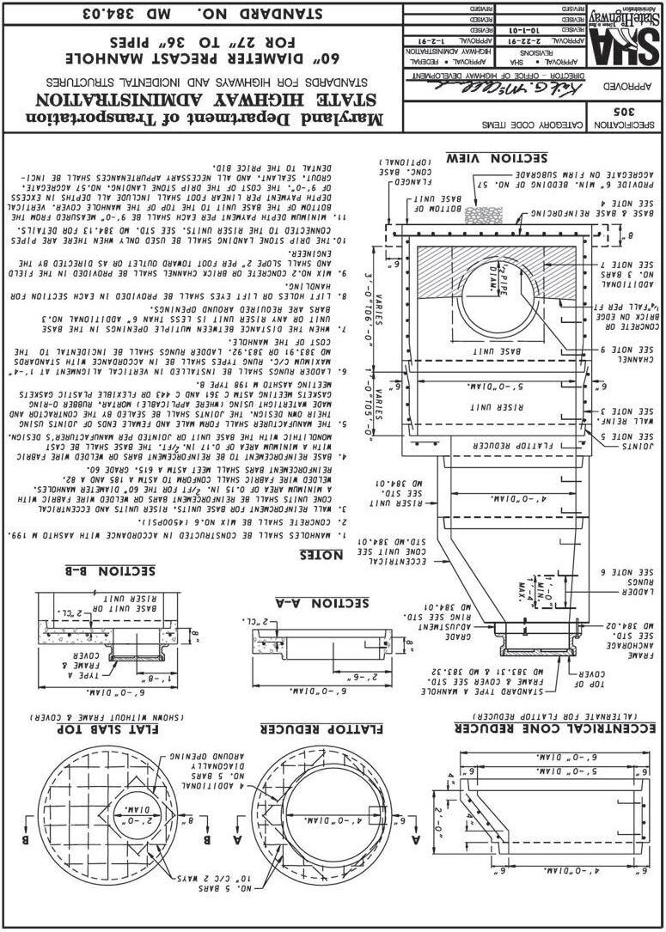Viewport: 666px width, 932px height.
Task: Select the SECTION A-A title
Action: pyautogui.click(x=321, y=603)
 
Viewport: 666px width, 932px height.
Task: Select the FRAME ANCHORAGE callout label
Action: pyautogui.click(x=634, y=655)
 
